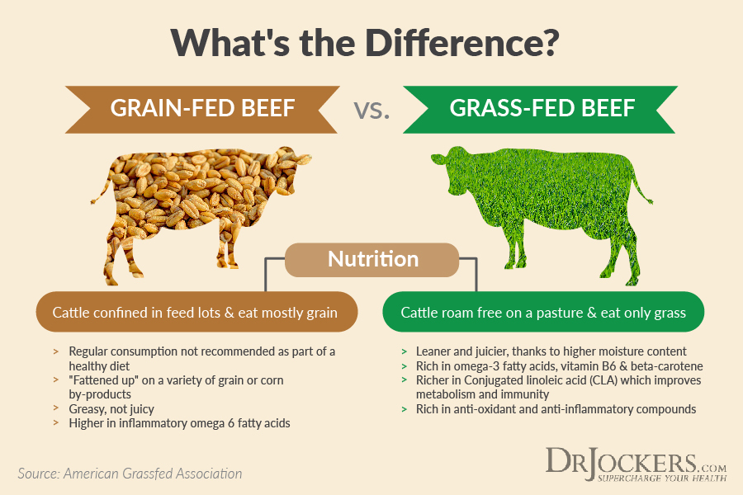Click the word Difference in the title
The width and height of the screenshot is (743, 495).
(x=462, y=43)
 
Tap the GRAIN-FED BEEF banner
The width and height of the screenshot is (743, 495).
(x=202, y=109)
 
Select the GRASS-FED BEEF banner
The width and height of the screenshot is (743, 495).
(x=541, y=109)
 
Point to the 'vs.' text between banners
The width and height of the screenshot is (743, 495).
(x=371, y=110)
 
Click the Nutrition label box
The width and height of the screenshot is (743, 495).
(x=372, y=260)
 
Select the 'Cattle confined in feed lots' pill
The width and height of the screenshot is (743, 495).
(x=196, y=312)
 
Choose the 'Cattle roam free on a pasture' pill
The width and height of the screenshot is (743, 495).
(x=543, y=312)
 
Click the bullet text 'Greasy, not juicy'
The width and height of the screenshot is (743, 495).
(x=111, y=409)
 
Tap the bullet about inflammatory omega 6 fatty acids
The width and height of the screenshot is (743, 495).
(x=180, y=423)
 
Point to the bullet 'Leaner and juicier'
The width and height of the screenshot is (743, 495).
(x=551, y=351)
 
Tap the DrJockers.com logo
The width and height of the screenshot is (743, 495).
(x=636, y=464)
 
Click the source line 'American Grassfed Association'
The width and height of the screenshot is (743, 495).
(x=153, y=474)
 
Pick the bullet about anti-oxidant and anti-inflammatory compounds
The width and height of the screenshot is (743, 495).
(x=556, y=409)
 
